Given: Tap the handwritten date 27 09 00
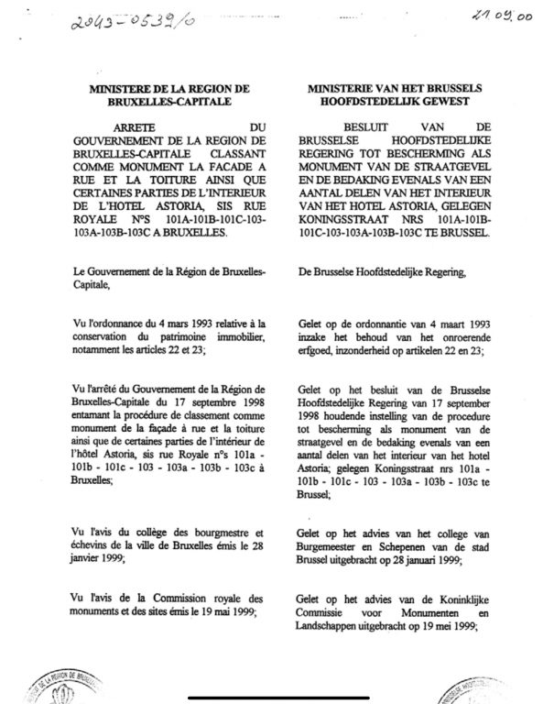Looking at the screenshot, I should click(502, 15).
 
